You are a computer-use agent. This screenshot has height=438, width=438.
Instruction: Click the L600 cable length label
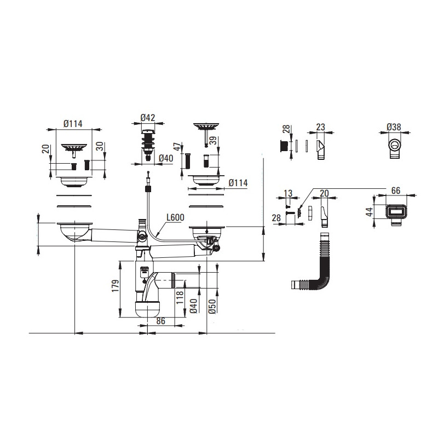175,217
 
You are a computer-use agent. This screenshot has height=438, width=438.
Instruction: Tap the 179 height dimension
116,286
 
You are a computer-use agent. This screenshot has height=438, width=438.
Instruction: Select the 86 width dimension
160,321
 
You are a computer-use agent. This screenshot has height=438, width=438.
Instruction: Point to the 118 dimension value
180,297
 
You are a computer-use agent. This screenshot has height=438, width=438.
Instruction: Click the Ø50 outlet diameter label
212,306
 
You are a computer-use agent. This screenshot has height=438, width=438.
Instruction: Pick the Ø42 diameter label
148,118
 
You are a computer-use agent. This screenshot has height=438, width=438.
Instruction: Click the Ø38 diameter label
394,127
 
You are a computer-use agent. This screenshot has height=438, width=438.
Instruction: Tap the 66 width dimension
396,191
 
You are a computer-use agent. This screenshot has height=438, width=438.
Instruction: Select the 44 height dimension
370,211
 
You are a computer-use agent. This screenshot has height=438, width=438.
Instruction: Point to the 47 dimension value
177,147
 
